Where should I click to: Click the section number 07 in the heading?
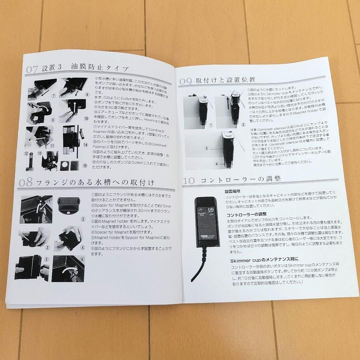click(33, 70)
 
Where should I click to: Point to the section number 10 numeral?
click(189, 181)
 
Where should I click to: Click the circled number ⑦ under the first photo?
click(53, 95)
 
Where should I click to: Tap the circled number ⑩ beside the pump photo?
click(86, 118)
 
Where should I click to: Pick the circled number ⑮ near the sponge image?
click(84, 165)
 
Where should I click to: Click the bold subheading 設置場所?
click(232, 192)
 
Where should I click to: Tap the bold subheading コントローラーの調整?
click(246, 214)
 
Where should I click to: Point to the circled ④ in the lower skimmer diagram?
click(217, 164)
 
